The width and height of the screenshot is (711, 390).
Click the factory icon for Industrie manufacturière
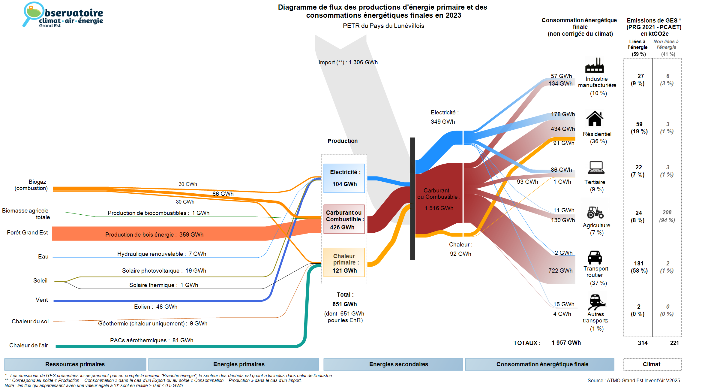[x=594, y=65]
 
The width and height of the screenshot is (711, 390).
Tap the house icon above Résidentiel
[x=595, y=119]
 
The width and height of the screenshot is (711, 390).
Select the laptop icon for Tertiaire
[x=596, y=168]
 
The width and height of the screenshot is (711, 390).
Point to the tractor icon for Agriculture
[x=595, y=212]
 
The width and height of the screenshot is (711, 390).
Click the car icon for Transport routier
[x=595, y=257]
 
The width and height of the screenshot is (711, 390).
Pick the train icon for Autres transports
[x=596, y=302]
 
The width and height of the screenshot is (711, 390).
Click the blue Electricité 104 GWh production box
[x=344, y=178]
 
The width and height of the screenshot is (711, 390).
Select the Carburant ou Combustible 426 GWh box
[x=344, y=219]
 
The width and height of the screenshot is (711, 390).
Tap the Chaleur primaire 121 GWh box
[x=344, y=263]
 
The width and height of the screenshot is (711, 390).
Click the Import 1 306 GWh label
[x=348, y=62]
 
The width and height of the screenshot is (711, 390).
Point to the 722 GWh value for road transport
[x=560, y=271]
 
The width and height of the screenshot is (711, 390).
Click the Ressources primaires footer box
[x=75, y=364]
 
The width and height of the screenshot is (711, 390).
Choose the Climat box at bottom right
[x=652, y=364]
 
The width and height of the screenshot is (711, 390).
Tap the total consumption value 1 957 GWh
[x=566, y=343]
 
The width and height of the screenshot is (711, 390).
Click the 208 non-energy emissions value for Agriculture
[x=667, y=213]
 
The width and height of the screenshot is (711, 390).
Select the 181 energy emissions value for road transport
[x=639, y=263]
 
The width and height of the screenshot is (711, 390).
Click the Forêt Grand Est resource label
[x=27, y=232]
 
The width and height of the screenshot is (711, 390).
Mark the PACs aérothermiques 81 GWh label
[x=151, y=340]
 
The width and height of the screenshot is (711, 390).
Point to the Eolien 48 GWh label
[x=155, y=307]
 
